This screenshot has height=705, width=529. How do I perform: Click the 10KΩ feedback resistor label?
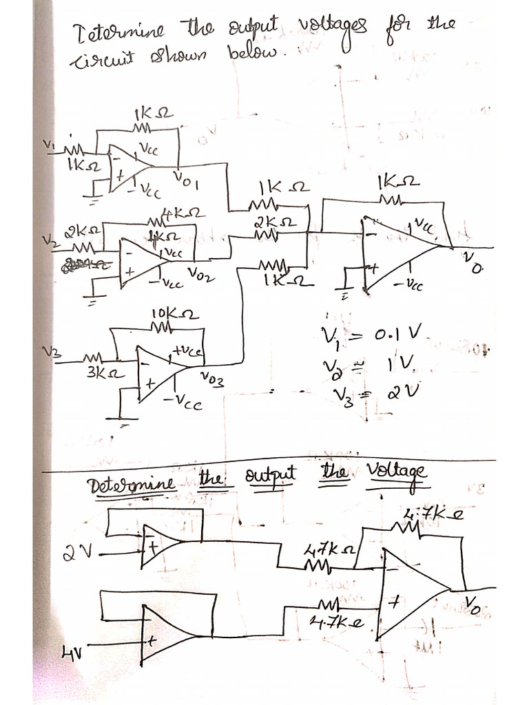174,315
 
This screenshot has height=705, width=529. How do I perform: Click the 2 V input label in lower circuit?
75,551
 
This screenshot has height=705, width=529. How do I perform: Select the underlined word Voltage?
397,472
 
